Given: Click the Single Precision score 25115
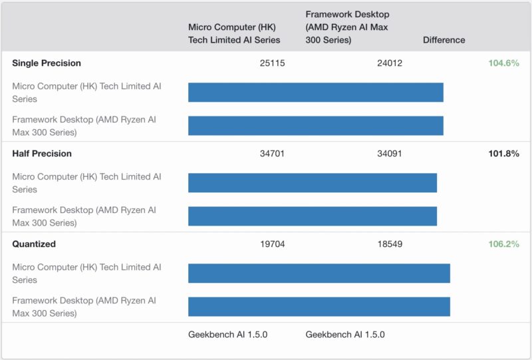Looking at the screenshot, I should point(273,63).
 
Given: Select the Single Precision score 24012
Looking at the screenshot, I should point(390,63).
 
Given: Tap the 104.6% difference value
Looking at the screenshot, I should point(503,63).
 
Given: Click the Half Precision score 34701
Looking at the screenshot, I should point(273,154).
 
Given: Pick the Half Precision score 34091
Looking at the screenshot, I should point(390,154).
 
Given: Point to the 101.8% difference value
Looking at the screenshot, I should point(503,154).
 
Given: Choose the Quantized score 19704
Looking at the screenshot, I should point(273,244).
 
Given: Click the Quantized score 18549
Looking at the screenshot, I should point(390,244).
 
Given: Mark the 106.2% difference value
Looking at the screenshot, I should point(503,244).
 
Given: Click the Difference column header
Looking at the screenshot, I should point(444,40).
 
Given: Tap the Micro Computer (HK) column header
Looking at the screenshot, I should point(234,33).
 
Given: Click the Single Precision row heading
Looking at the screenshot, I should point(47,63).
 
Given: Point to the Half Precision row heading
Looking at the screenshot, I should point(42,154).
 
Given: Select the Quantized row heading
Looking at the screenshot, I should point(34,244).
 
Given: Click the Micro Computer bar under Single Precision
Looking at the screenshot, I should point(315,92).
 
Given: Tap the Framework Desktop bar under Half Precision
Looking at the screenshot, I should point(312,216).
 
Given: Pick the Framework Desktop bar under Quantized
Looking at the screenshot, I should point(319,307).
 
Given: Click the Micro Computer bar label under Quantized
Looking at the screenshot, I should point(86,273).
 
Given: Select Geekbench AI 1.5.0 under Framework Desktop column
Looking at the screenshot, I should point(344,335).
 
